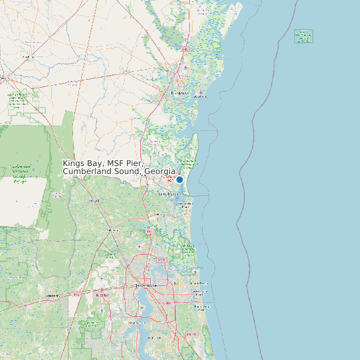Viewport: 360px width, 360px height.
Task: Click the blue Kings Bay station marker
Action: click(x=179, y=179)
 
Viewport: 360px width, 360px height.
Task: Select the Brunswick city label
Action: click(x=181, y=93)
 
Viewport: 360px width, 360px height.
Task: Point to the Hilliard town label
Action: click(x=94, y=201)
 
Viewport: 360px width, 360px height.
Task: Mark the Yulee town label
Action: click(x=157, y=215)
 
